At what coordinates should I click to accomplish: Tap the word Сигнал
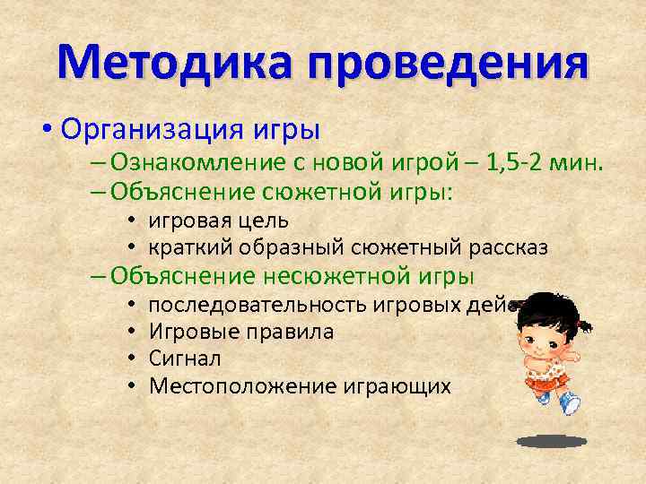[x=185, y=359]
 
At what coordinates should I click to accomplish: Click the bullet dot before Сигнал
[x=131, y=359]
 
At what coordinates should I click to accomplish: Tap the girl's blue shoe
[x=570, y=404]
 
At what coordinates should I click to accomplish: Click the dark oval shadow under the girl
[x=551, y=441]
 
